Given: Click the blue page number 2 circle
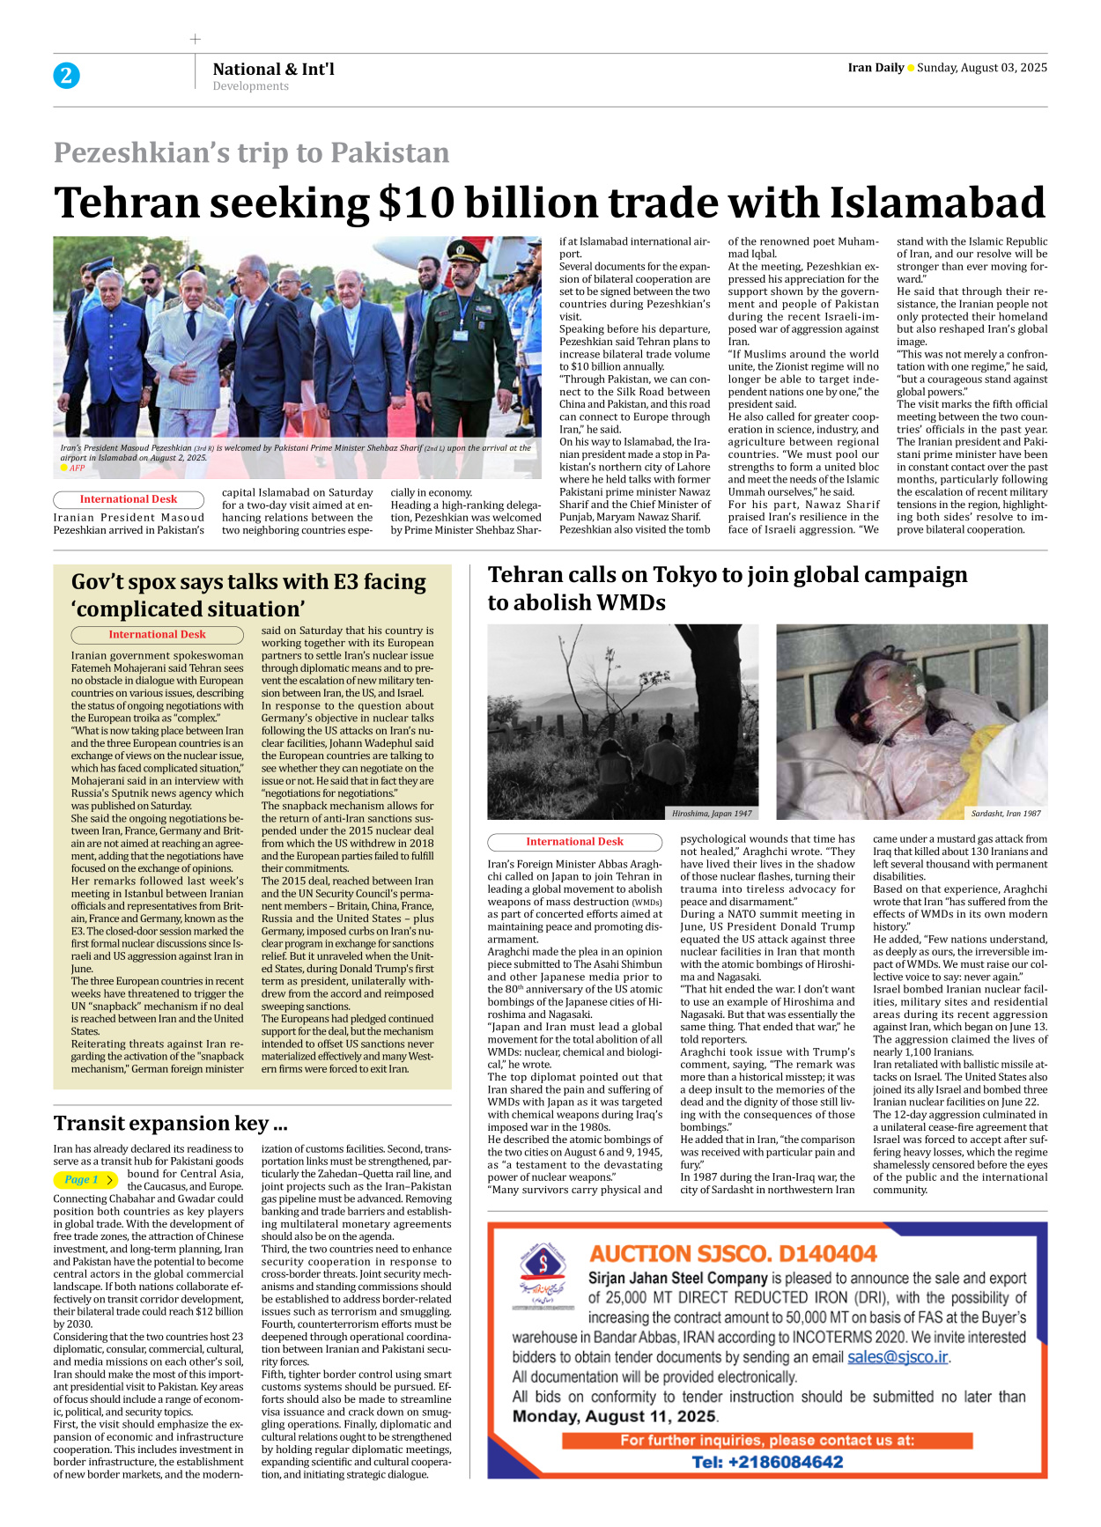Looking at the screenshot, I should click(66, 76).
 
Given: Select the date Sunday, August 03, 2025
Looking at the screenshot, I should click(981, 68).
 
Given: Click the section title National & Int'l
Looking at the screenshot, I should click(273, 69).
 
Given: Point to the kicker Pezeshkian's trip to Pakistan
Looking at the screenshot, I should click(251, 152).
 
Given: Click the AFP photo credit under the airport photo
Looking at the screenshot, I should click(77, 468).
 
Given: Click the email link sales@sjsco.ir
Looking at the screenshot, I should click(897, 1357).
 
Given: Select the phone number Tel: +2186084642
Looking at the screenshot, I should click(766, 1462).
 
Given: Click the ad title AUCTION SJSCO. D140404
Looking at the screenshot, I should click(733, 1253).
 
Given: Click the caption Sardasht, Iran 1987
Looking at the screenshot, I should click(1005, 813).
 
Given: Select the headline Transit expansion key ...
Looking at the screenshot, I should click(170, 1123).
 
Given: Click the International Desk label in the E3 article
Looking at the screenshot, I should click(157, 634).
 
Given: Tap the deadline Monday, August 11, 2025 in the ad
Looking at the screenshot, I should click(614, 1416).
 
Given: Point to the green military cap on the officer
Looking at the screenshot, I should click(462, 249).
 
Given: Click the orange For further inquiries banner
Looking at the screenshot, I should click(766, 1441).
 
